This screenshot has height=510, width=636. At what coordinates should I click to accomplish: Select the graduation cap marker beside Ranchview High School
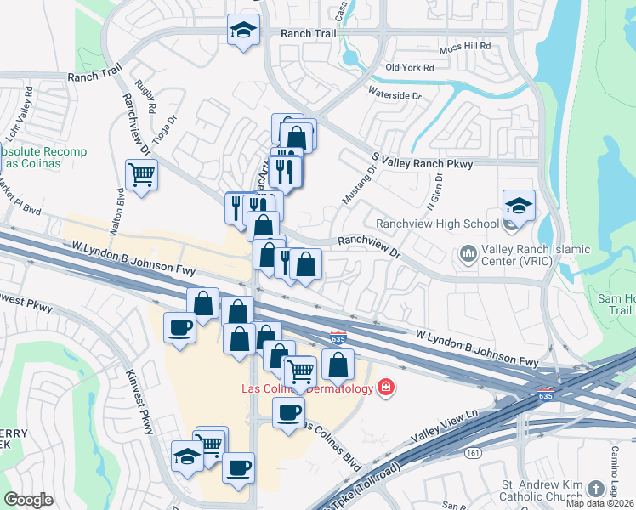pos(519,207)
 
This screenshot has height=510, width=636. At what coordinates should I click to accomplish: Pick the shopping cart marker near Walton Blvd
pos(142,176)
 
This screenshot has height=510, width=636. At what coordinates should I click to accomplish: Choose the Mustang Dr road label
pos(360,183)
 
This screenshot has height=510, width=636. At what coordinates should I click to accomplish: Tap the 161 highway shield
pos(471,452)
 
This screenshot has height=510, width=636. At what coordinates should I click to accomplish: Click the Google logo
pos(28,500)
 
